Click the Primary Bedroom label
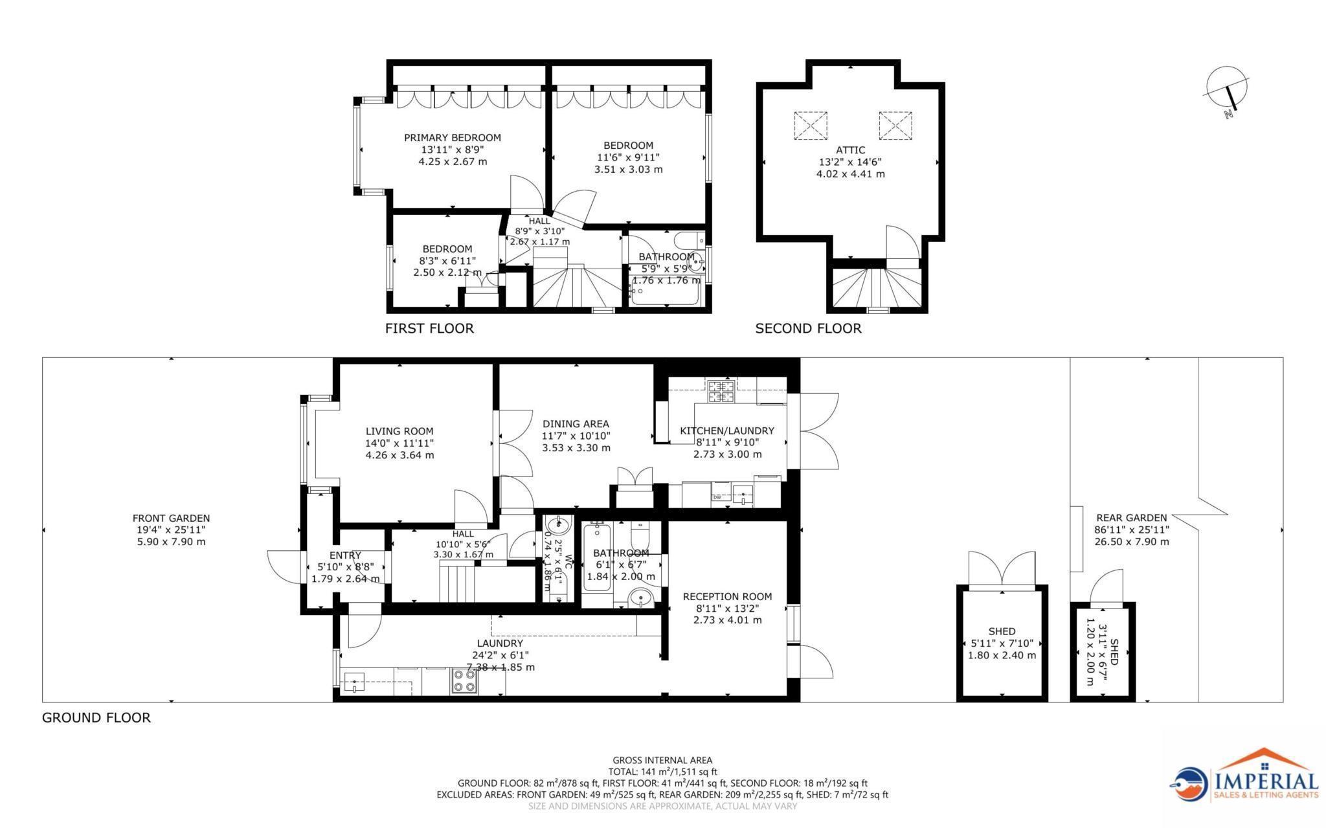(x=452, y=137)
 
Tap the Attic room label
(x=850, y=150)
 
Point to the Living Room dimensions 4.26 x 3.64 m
(x=399, y=455)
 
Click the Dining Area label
(x=576, y=424)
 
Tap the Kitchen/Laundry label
(x=726, y=431)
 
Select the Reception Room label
(x=727, y=596)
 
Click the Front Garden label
(x=171, y=518)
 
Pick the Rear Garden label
(x=1131, y=517)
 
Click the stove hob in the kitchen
(x=721, y=390)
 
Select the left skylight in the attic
(x=810, y=125)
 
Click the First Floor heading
(x=429, y=328)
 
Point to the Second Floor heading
(x=808, y=328)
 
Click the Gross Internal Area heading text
(x=662, y=760)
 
